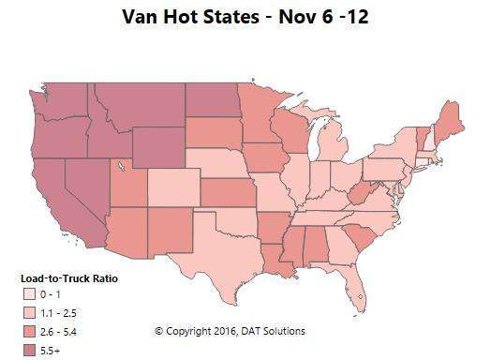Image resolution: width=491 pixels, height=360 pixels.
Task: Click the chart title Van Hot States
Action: [x=245, y=18]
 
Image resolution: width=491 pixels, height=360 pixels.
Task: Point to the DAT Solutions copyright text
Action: [x=230, y=331]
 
